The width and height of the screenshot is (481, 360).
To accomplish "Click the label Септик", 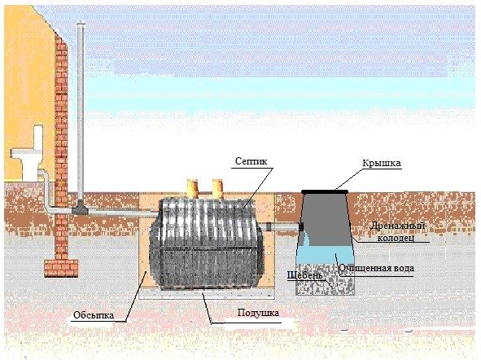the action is coord(251,161).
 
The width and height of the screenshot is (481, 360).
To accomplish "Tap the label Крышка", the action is coord(382,163).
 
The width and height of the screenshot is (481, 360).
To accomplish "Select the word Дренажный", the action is coord(397,226).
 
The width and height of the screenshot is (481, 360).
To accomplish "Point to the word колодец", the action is coord(396,238).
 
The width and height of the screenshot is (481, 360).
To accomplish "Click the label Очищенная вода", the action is coord(376,268).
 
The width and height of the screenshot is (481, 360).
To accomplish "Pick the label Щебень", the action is coord(304,275).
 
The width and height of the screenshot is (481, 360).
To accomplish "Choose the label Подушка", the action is coord(258,313).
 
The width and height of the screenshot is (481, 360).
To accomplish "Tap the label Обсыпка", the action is coord(94,315).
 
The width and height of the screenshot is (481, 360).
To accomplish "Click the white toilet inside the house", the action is coord(27,153).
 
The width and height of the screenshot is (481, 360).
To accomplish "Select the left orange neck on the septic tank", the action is coord(192,188).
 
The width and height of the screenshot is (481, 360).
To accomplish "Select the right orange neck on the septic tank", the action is coord(217,188).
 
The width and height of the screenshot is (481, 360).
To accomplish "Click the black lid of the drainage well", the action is coord(325,192).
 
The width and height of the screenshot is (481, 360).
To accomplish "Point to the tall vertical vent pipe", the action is coord(81,111).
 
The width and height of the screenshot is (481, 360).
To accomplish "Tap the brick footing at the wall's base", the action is coord(61,269).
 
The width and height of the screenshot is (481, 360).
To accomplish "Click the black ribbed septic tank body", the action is coord(206,244).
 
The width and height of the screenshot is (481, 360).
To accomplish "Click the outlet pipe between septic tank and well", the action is coord(280,227).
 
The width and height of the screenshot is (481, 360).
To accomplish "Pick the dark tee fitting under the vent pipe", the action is coord(80,208).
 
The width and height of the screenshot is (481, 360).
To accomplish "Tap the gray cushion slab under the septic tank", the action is coord(206,294).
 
